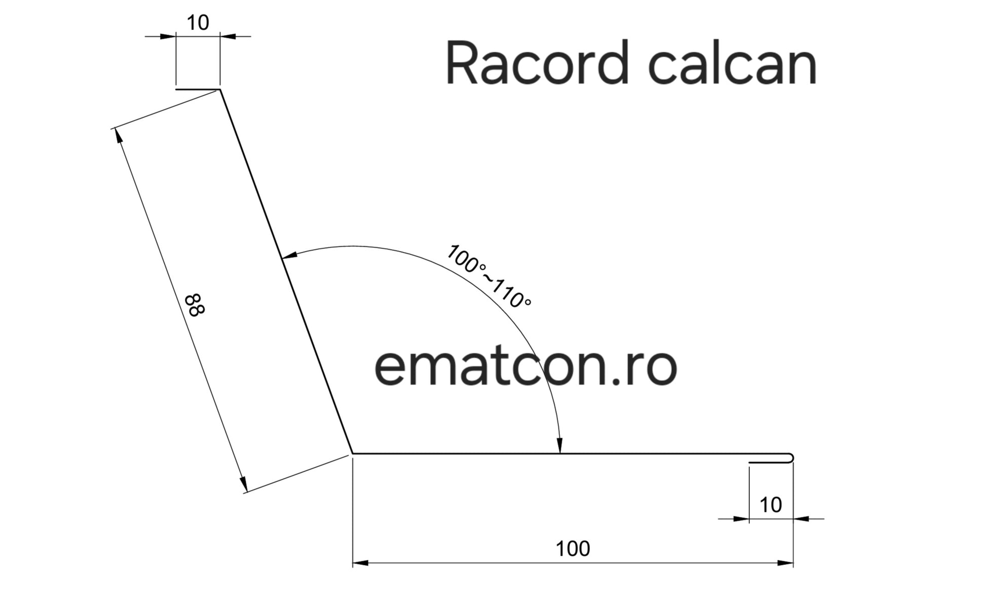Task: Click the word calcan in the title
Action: click(733, 62)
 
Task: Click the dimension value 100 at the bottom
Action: click(573, 549)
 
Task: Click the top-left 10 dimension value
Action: click(198, 23)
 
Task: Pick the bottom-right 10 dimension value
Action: click(771, 505)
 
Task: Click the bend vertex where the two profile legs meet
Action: click(352, 453)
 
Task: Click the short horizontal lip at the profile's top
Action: click(198, 89)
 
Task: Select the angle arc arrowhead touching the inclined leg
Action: click(289, 256)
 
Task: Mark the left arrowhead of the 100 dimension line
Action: click(360, 563)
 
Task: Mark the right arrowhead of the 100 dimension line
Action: click(785, 563)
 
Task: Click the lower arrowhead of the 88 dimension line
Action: click(244, 484)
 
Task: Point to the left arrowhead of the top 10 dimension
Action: click(168, 36)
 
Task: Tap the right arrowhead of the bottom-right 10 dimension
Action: click(801, 518)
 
